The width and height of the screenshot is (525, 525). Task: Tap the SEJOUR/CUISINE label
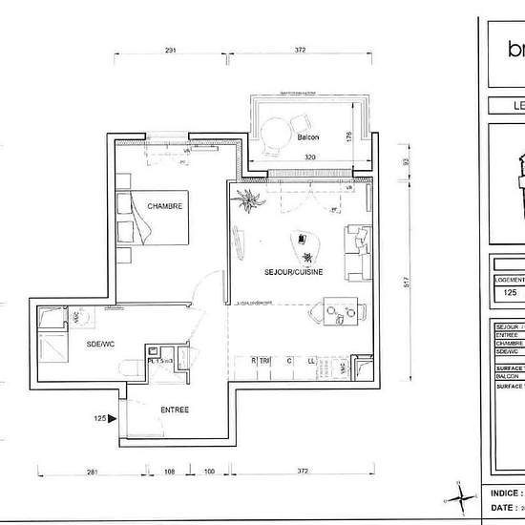click(x=293, y=272)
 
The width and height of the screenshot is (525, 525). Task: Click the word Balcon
click(x=307, y=137)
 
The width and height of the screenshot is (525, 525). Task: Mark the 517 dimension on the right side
click(x=405, y=283)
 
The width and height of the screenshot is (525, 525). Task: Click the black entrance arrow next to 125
click(x=113, y=417)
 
